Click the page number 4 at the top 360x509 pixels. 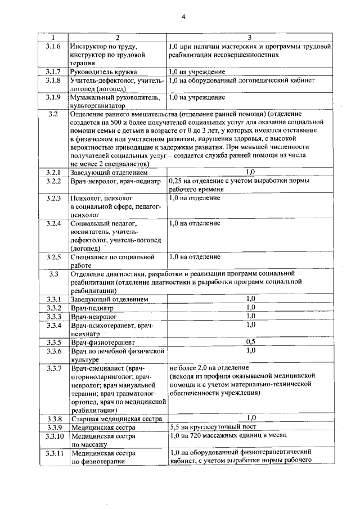pyautogui.click(x=183, y=17)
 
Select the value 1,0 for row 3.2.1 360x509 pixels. pyautogui.click(x=250, y=171)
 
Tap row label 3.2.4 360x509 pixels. pyautogui.click(x=53, y=223)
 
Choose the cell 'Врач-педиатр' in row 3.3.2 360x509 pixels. pyautogui.click(x=92, y=308)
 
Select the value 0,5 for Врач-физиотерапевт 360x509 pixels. pyautogui.click(x=250, y=341)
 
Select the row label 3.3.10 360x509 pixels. pyautogui.click(x=53, y=435)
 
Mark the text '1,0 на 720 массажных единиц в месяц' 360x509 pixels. pyautogui.click(x=228, y=435)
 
